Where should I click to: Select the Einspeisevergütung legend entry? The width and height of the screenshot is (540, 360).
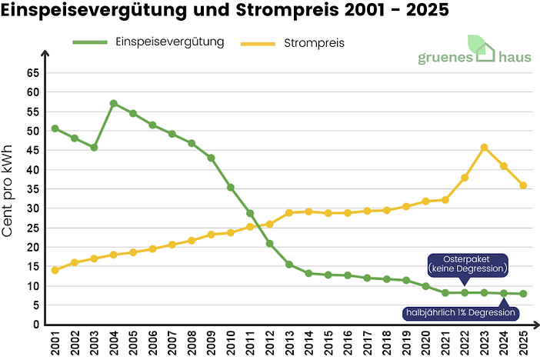pos(170,42)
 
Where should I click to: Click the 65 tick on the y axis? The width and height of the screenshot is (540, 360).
pos(32,72)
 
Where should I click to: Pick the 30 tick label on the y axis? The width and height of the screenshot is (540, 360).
pos(32,208)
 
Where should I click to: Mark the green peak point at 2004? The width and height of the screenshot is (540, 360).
pos(113,103)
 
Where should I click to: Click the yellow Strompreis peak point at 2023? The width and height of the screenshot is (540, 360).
pos(484,147)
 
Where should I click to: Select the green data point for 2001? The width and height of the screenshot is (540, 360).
pos(55,128)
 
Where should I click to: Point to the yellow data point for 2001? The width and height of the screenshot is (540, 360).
pos(55,270)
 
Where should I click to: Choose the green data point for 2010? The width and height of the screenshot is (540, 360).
pos(230,187)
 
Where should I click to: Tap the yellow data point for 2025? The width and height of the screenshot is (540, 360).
pos(523,185)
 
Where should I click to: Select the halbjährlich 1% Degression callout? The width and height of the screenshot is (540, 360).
pos(460,313)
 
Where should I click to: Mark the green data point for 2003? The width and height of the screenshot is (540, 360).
pos(94,147)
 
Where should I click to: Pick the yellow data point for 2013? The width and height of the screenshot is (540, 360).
pos(289,213)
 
